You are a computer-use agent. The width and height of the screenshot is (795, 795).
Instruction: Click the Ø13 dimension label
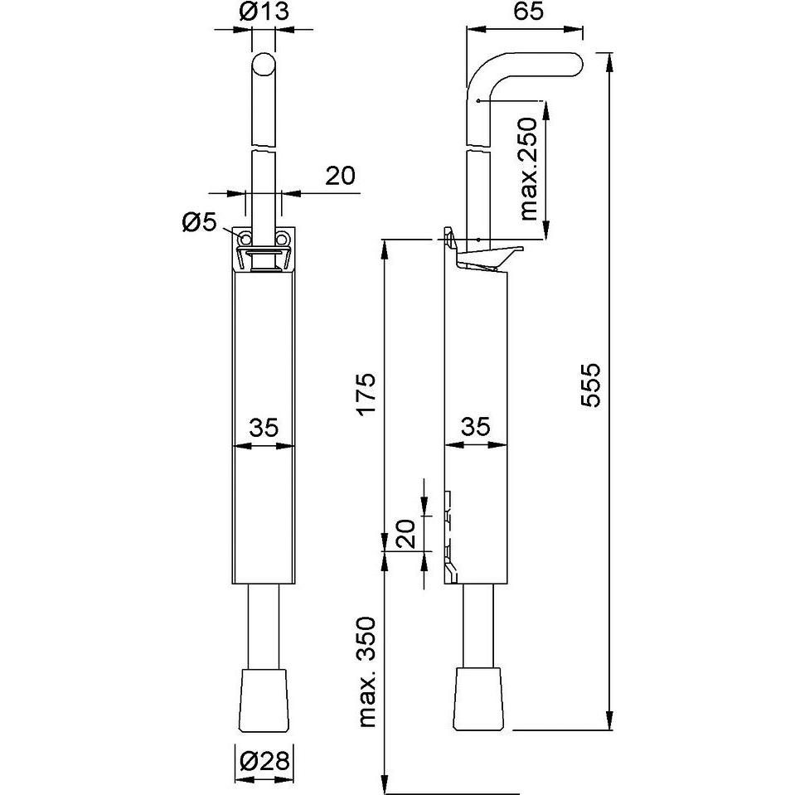click(x=264, y=13)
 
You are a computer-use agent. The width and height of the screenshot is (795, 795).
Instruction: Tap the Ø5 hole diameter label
click(x=198, y=221)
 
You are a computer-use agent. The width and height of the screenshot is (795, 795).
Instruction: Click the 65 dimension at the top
click(x=523, y=13)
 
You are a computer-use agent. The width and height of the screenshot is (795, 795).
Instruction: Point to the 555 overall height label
click(x=589, y=385)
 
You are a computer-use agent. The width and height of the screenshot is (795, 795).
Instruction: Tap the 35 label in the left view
click(x=264, y=428)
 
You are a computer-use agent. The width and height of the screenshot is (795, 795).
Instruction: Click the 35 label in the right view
click(x=474, y=428)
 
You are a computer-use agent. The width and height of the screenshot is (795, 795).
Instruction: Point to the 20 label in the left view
click(x=339, y=175)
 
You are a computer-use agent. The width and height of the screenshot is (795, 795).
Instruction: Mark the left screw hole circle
click(x=246, y=239)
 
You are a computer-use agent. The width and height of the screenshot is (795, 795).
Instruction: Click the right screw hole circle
click(x=283, y=239)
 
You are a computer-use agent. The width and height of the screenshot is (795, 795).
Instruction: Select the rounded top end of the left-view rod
click(x=263, y=65)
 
